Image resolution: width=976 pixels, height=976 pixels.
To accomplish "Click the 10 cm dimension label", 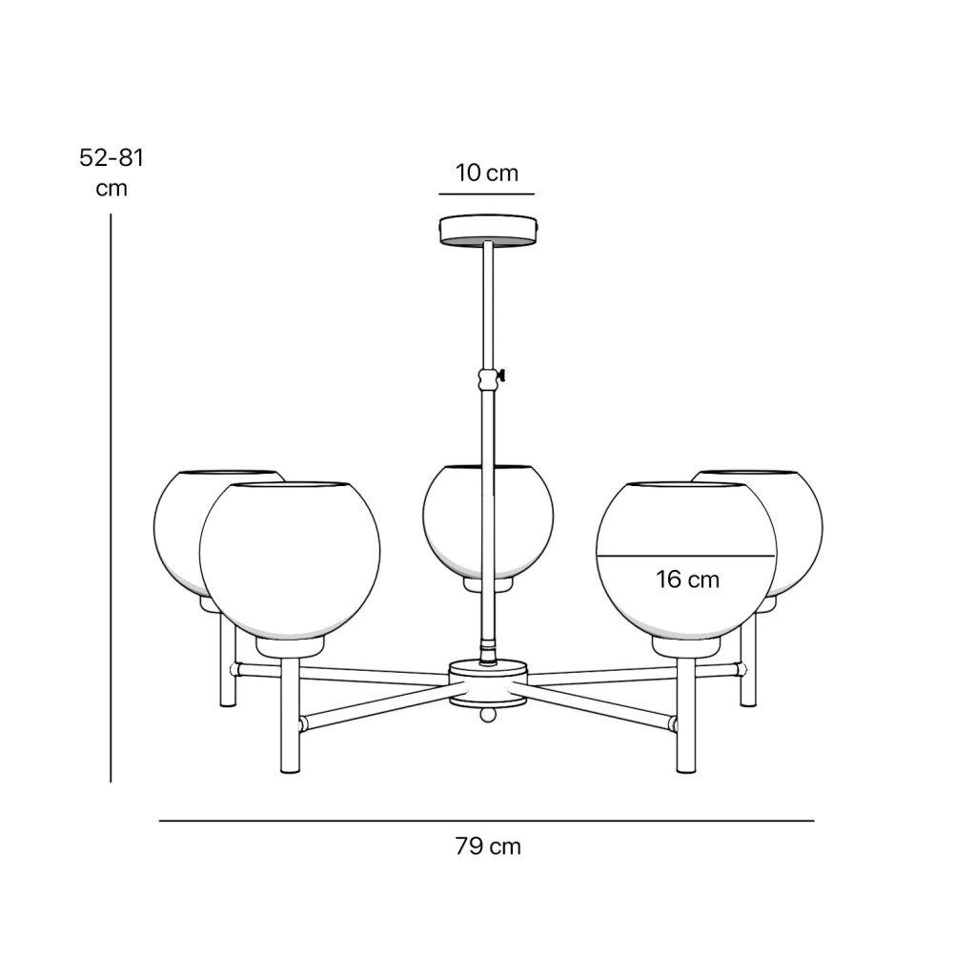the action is (487, 173).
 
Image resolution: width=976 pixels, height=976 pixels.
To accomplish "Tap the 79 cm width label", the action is (487, 846).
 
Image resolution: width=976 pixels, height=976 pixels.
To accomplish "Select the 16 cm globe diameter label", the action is (687, 579).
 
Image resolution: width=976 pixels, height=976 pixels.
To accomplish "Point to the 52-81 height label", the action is (112, 157).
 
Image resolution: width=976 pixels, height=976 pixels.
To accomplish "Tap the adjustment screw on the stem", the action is (501, 376).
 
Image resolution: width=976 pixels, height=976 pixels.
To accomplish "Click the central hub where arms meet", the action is (488, 684).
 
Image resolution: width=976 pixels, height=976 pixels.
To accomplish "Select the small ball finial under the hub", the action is (488, 715).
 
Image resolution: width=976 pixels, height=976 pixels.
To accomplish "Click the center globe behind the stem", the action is (488, 521).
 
